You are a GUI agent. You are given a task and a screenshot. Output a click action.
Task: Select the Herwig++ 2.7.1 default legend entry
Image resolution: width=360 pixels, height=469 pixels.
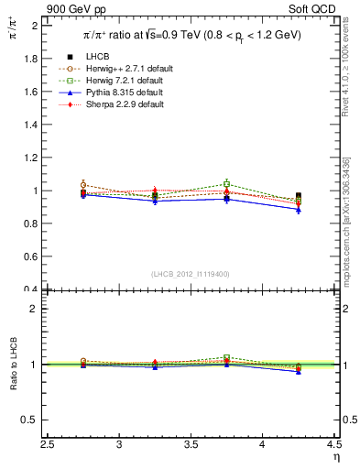125,69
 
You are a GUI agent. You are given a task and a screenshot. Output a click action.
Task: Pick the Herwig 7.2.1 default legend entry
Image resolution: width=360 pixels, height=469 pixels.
123,81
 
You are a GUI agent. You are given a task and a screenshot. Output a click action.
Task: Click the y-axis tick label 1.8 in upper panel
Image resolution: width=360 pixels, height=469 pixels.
31,59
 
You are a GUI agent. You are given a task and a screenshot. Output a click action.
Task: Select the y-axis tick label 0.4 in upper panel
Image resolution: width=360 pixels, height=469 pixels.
31,289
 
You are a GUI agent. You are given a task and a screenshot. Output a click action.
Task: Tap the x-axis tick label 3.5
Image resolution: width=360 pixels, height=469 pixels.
191,444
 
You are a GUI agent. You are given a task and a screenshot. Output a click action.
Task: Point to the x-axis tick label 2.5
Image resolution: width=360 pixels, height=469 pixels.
49,444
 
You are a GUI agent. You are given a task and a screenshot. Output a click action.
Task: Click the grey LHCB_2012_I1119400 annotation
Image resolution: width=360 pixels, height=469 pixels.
191,274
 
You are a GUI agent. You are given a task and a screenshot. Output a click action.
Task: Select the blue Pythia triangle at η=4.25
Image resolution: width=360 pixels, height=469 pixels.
299,210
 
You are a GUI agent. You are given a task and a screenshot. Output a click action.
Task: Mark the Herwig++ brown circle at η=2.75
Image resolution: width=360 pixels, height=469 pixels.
84,185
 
